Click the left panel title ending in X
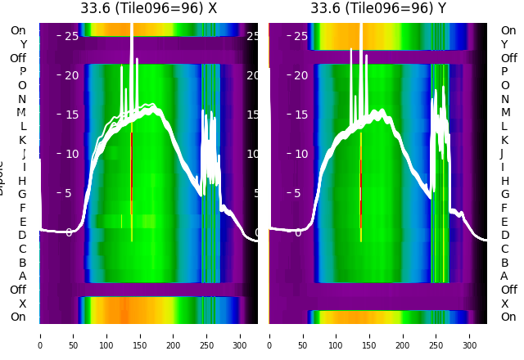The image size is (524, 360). tap(148, 8)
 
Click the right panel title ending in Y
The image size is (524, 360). tap(378, 8)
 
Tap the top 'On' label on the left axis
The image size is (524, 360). tap(18, 30)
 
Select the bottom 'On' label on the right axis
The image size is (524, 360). tap(508, 317)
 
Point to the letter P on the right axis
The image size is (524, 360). tap(504, 71)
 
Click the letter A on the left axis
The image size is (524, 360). tap(22, 276)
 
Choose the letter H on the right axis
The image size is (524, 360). tap(504, 181)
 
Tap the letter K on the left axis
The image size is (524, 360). tap(22, 140)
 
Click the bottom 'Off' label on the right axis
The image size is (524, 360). tap(508, 290)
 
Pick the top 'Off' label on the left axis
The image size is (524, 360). tap(18, 58)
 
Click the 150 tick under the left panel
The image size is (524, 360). tap(140, 335)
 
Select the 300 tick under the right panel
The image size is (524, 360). tap(470, 335)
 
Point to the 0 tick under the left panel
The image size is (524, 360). tap(40, 335)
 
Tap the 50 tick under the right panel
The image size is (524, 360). tap(303, 335)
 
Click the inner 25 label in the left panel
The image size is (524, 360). tap(71, 36)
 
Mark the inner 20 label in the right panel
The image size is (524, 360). tap(300, 75)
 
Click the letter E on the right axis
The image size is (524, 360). tap(504, 222)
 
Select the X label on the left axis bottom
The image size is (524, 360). tap(22, 304)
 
